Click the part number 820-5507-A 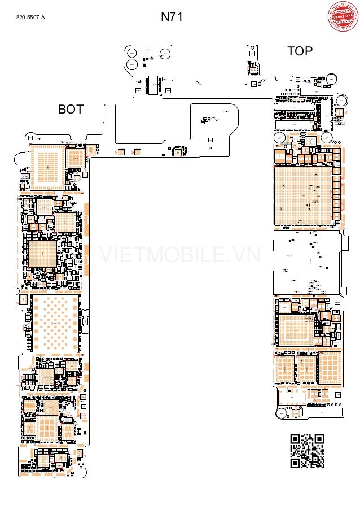click(30, 18)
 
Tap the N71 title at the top click(172, 17)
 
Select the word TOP click(300, 51)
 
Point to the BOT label click(71, 110)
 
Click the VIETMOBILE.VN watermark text click(180, 255)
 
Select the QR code click(307, 451)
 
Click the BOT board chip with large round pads click(55, 322)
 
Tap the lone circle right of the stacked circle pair click(165, 54)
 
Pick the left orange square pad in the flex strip click(121, 152)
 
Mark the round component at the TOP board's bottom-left click(283, 412)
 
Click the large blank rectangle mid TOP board click(307, 262)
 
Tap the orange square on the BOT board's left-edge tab click(23, 300)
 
